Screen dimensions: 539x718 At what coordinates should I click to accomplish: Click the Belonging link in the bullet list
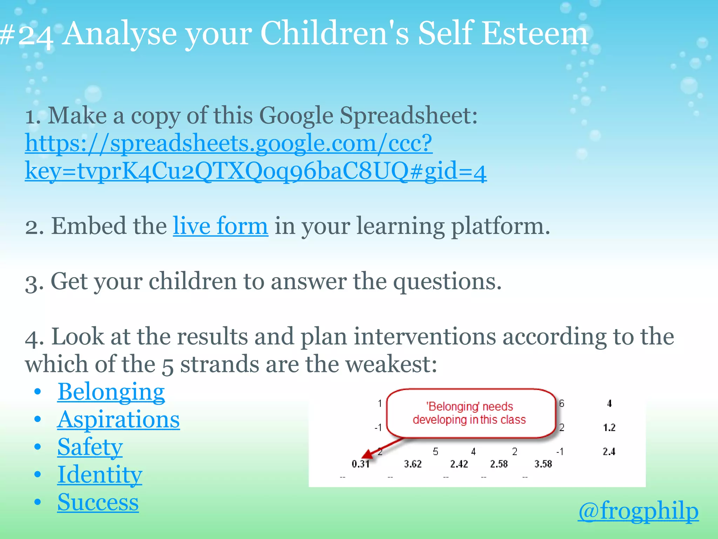111,392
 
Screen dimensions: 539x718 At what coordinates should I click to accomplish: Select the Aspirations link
118,420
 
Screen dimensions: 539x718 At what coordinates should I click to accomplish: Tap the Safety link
90,447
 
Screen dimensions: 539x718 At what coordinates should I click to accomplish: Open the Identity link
100,475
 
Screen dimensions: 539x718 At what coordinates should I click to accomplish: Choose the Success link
98,502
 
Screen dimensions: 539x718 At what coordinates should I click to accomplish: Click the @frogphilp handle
638,511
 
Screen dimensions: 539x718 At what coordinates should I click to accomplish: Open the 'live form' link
221,226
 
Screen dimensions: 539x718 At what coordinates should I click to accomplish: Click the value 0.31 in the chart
360,464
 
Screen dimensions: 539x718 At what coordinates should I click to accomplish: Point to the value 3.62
413,464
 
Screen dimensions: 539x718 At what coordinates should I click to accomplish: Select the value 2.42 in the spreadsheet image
459,464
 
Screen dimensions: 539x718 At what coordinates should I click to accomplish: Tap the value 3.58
543,464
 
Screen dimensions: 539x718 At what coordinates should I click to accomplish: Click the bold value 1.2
609,427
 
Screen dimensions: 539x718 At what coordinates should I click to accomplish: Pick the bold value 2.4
609,452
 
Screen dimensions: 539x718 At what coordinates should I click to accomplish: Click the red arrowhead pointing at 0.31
367,455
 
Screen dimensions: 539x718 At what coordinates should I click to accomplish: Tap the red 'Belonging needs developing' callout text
469,413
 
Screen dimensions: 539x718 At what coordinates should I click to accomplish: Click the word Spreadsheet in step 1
408,116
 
